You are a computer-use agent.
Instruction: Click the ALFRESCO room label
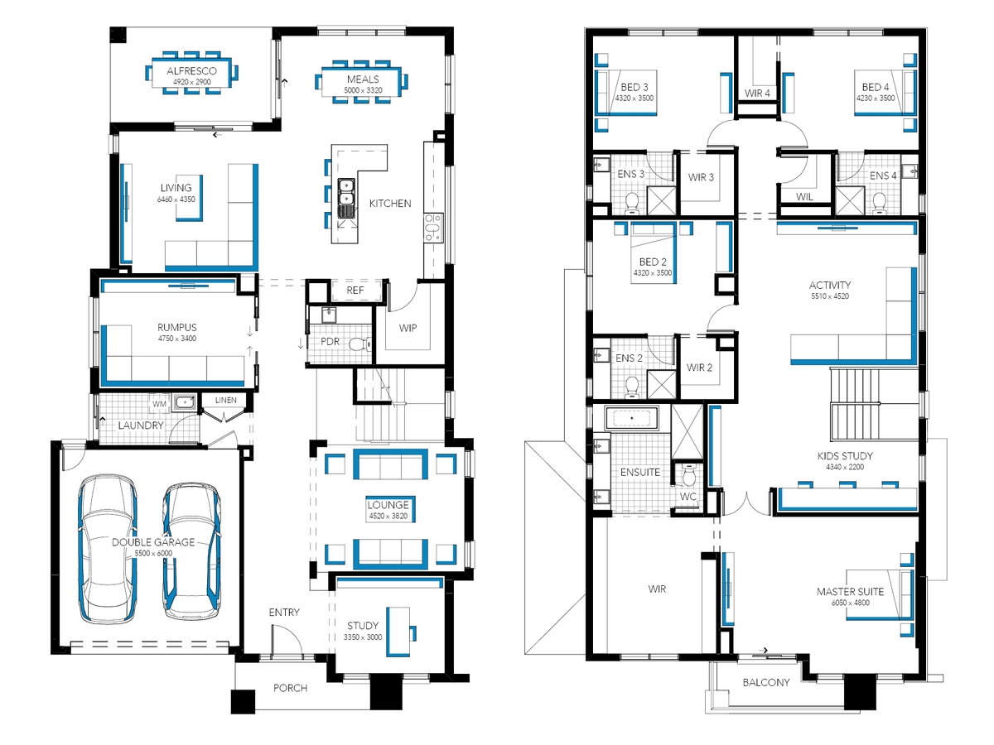pyautogui.click(x=191, y=71)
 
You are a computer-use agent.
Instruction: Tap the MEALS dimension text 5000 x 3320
pyautogui.click(x=363, y=90)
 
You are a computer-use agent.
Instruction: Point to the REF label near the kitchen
pyautogui.click(x=355, y=290)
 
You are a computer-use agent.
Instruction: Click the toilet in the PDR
pyautogui.click(x=360, y=344)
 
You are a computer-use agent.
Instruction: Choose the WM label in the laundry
pyautogui.click(x=159, y=404)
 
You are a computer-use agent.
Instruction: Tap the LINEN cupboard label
pyautogui.click(x=225, y=400)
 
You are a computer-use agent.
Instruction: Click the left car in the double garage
pyautogui.click(x=108, y=549)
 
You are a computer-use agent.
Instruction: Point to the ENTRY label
pyautogui.click(x=284, y=612)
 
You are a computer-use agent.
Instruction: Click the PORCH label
pyautogui.click(x=290, y=688)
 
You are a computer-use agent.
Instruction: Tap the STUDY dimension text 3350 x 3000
pyautogui.click(x=363, y=637)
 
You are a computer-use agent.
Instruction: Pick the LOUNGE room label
pyautogui.click(x=388, y=505)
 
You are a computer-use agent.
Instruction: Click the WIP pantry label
pyautogui.click(x=408, y=328)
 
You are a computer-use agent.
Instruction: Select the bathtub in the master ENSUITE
pyautogui.click(x=631, y=418)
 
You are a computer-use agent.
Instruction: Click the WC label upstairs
pyautogui.click(x=688, y=497)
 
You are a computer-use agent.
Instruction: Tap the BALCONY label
pyautogui.click(x=766, y=682)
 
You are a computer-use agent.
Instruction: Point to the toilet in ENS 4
pyautogui.click(x=880, y=203)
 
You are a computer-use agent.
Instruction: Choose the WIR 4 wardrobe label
pyautogui.click(x=757, y=94)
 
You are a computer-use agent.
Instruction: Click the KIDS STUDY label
pyautogui.click(x=845, y=456)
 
